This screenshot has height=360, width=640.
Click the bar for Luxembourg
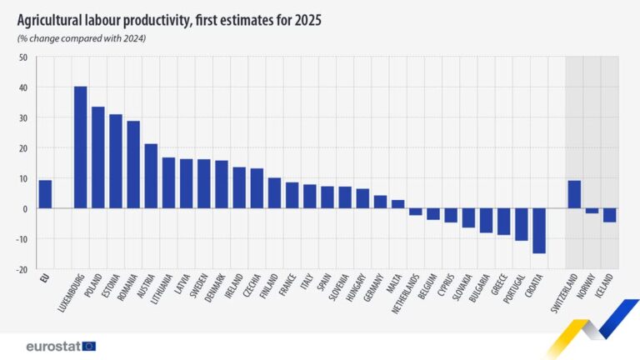(81, 147)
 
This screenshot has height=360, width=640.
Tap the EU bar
(45, 194)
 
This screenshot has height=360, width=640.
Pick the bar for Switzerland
(574, 194)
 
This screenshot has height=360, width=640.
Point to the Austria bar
(151, 176)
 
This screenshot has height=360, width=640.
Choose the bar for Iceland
(609, 215)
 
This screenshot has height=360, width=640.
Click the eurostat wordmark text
(52, 346)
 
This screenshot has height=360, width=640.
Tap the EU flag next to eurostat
(88, 346)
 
